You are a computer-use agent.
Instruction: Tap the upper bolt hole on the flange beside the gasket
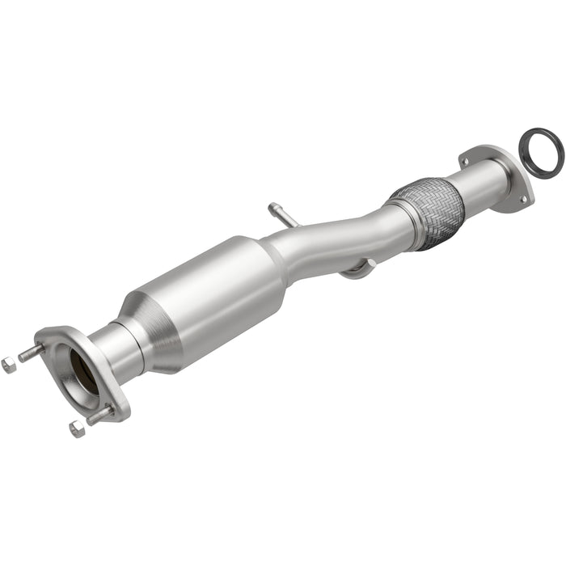point(465,163)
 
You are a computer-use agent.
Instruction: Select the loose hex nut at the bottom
point(77,429)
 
